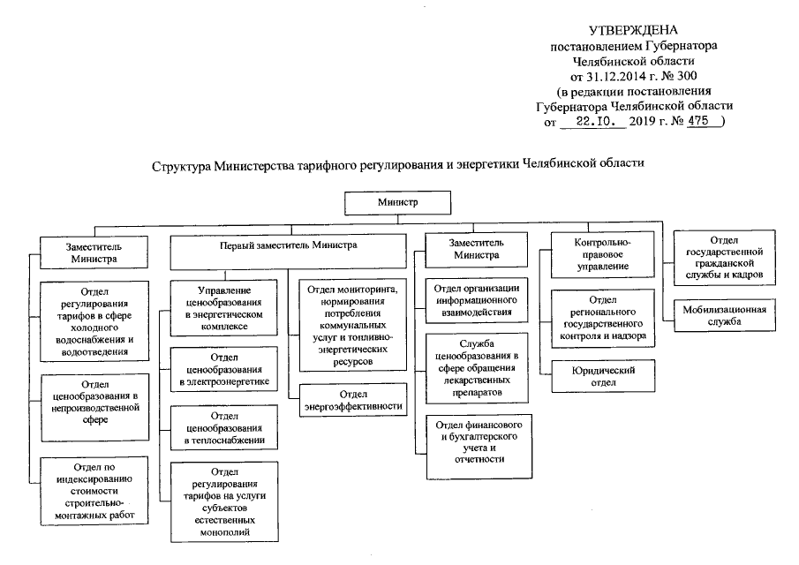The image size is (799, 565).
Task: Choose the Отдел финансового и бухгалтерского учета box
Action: (477, 441)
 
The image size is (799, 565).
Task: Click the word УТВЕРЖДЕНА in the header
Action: (633, 31)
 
